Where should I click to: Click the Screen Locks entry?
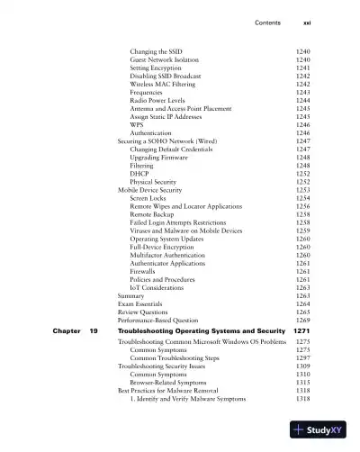click(x=148, y=198)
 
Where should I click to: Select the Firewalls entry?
click(x=144, y=271)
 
